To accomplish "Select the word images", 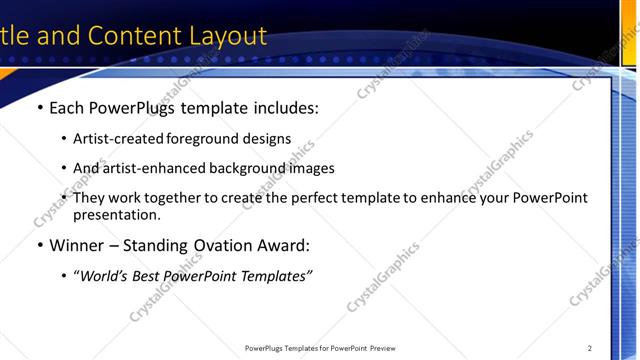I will [x=310, y=168].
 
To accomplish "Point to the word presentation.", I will [x=115, y=214].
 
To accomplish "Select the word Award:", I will [x=283, y=245].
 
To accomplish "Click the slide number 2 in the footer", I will [x=590, y=348].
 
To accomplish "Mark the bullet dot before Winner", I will [x=39, y=245].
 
